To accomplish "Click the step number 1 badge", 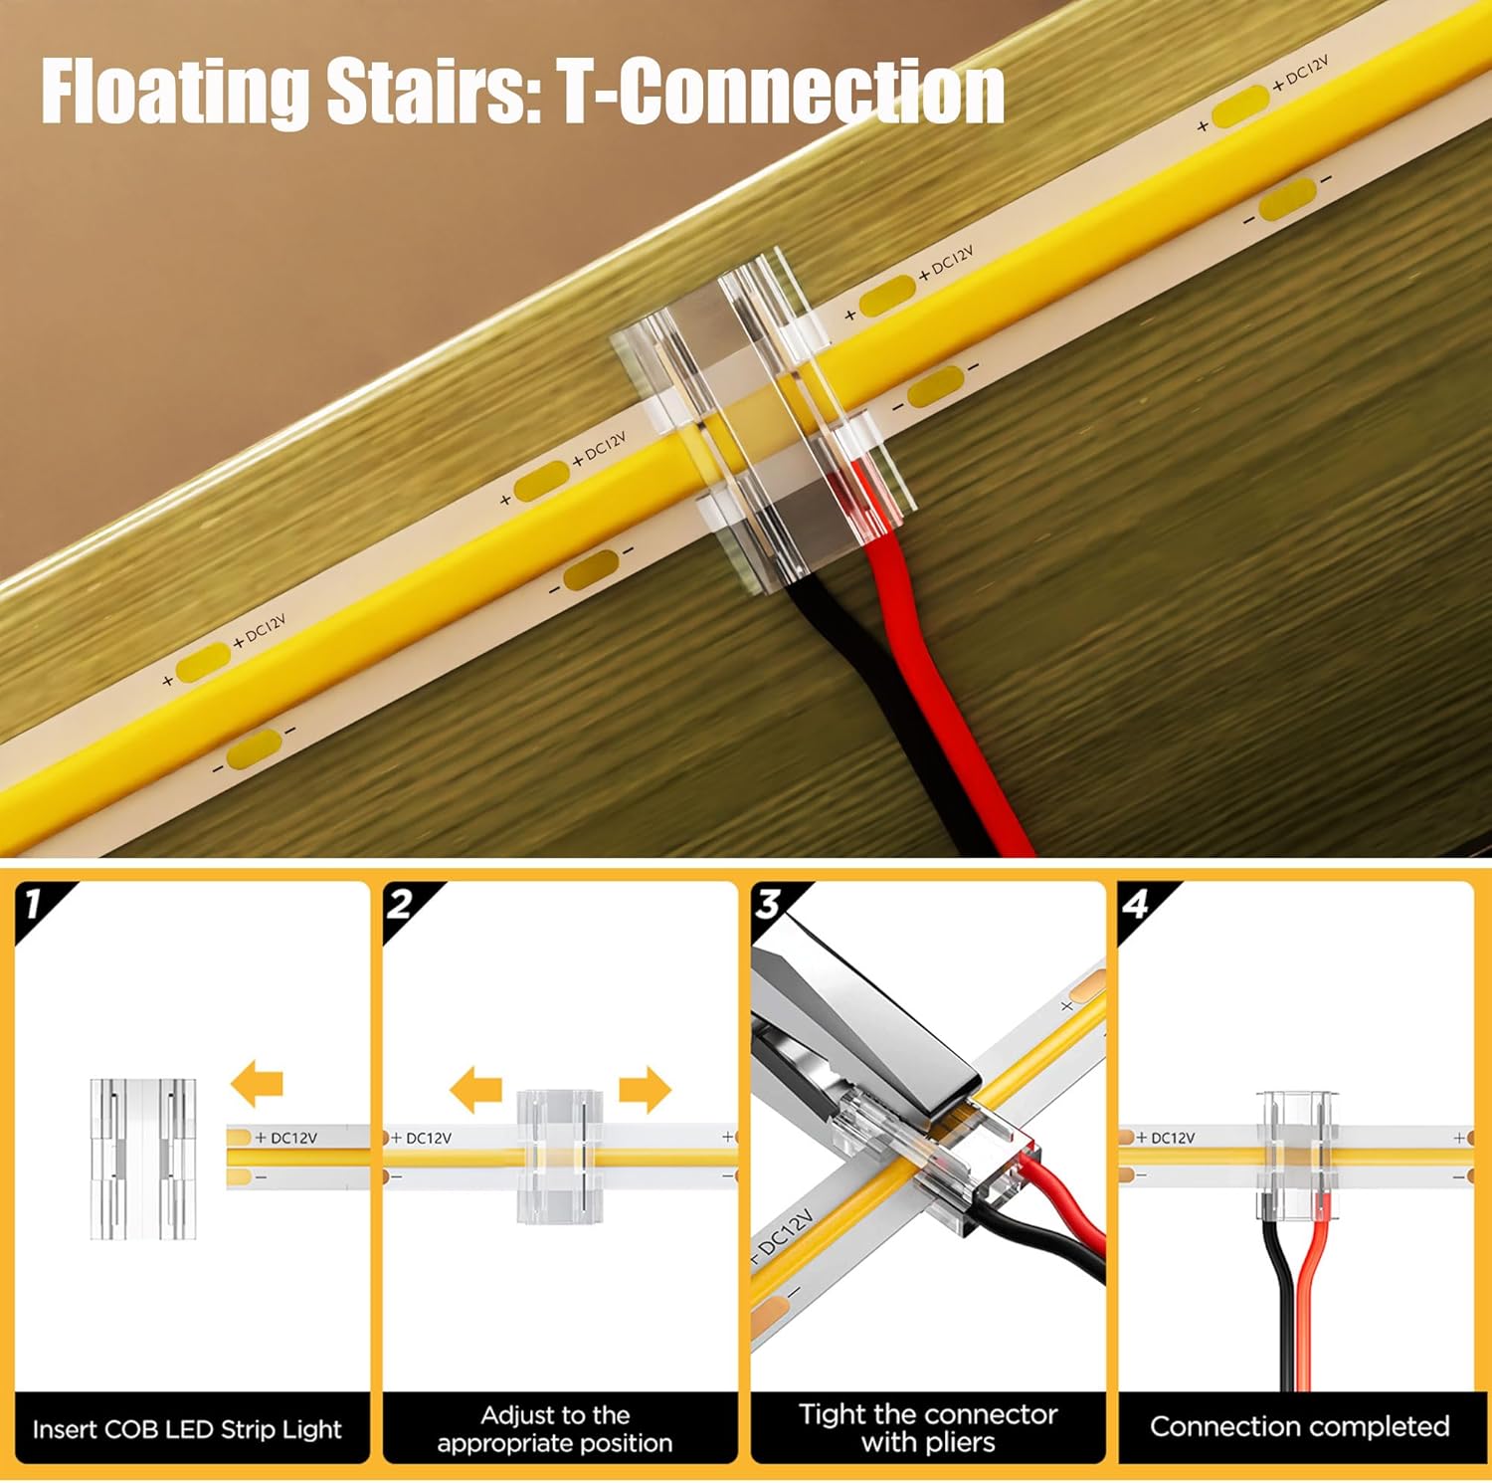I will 35,904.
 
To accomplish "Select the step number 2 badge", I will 401,904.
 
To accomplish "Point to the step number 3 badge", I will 769,904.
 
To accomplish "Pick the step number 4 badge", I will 1136,904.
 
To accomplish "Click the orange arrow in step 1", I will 258,1084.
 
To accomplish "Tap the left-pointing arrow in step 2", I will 474,1089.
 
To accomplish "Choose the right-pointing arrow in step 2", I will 645,1089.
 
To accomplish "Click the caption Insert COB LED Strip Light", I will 187,1429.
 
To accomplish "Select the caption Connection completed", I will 1299,1426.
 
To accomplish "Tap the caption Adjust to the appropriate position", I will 555,1428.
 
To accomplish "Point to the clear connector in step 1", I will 143,1159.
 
